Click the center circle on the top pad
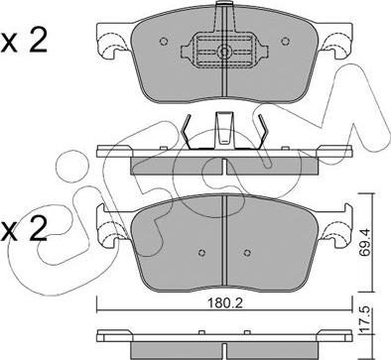224,53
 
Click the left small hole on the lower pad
198,248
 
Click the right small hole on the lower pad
252,248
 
